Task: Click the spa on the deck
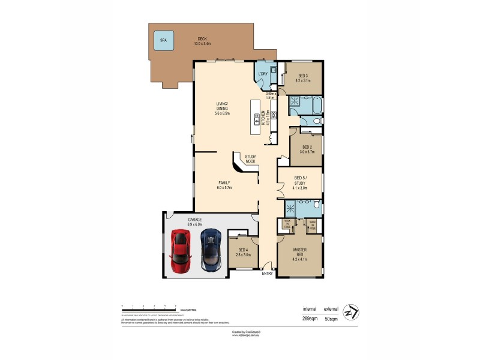(163, 41)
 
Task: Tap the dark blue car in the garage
(211, 250)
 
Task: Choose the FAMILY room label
(224, 185)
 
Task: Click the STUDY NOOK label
(250, 159)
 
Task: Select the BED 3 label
(302, 78)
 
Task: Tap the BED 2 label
(307, 149)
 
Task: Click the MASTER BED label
(300, 254)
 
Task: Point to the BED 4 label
(243, 252)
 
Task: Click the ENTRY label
(268, 274)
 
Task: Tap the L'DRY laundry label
(262, 74)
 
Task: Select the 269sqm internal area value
(310, 319)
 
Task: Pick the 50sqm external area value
(331, 319)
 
